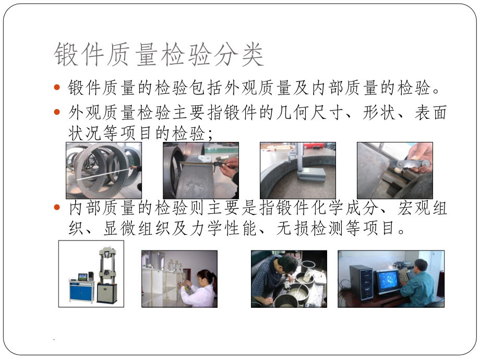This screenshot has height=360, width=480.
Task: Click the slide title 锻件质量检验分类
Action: click(159, 55)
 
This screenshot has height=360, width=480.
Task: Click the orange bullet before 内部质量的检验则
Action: click(58, 208)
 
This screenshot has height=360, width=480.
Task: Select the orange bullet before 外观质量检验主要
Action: click(58, 112)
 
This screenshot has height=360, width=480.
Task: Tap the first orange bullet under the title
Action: click(58, 88)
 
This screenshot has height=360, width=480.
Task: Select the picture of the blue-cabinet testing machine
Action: click(91, 273)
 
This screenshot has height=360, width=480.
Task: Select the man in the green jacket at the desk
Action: click(419, 284)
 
